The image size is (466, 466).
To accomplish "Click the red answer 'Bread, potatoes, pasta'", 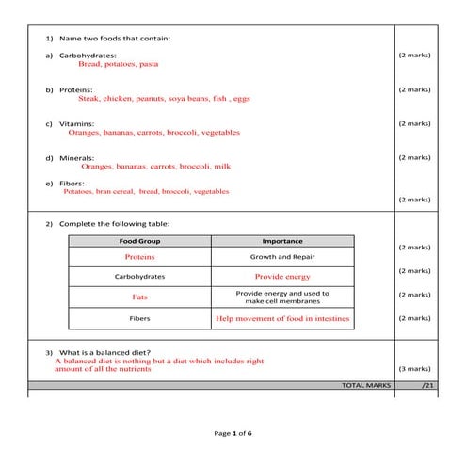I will tap(119, 65).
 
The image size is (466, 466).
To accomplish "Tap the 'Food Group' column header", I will tap(139, 241).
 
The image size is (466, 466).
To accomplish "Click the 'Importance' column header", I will tap(282, 241).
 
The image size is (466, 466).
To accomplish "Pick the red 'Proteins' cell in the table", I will tap(139, 257).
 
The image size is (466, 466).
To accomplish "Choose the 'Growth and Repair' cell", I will tap(282, 257).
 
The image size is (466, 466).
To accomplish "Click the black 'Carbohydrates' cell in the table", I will tap(139, 277).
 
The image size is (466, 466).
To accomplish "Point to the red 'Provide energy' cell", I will tap(282, 277).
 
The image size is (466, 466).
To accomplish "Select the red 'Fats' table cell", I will tap(139, 297).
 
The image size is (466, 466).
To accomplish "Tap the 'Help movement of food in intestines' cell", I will tap(282, 319).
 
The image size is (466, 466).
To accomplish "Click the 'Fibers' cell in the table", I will tap(139, 318).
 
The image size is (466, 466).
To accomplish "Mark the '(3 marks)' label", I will tap(414, 369).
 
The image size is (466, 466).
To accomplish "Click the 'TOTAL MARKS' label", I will tap(365, 385).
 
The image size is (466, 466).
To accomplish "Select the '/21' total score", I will tap(428, 385).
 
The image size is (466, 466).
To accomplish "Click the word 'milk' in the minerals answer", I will tap(222, 167).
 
